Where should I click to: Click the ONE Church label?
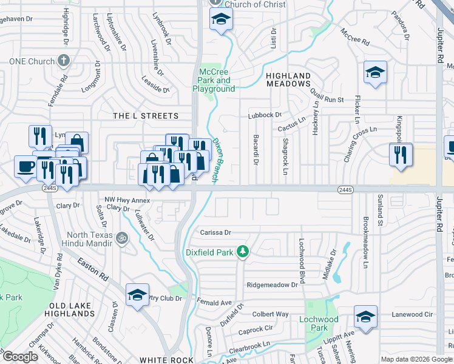[x=32, y=61]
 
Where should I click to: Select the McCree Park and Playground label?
[x=214, y=81]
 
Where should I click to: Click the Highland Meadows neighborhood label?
[x=288, y=80]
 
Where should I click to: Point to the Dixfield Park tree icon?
[x=243, y=251]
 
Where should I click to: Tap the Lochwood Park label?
[x=319, y=323]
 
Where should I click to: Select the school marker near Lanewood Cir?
[x=365, y=317]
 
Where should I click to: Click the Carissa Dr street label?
[x=215, y=232]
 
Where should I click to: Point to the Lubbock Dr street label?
[x=265, y=115]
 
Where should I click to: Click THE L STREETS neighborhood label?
[x=146, y=116]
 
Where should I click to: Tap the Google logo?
[x=20, y=357]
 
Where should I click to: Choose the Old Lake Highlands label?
[x=72, y=309]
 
